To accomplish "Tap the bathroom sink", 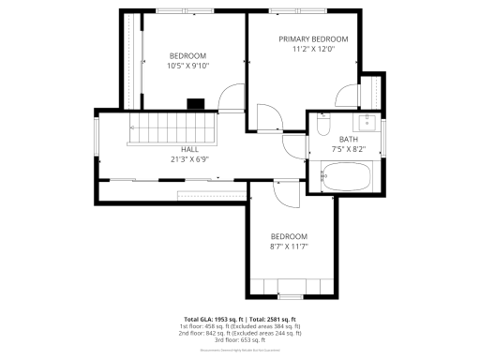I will pyautogui.click(x=367, y=122).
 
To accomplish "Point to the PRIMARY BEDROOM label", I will pyautogui.click(x=313, y=39).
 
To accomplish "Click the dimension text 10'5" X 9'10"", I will pyautogui.click(x=188, y=67).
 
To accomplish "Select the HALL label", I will pyautogui.click(x=189, y=149).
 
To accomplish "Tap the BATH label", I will pyautogui.click(x=348, y=139).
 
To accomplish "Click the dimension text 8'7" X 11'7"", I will pyautogui.click(x=289, y=247).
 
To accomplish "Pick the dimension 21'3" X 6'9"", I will pyautogui.click(x=189, y=159).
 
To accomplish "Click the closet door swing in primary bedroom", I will pyautogui.click(x=349, y=97).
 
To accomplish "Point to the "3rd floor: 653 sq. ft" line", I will pyautogui.click(x=240, y=339).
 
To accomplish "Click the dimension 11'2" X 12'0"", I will pyautogui.click(x=313, y=50).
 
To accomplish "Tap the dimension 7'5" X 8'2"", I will pyautogui.click(x=348, y=149).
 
